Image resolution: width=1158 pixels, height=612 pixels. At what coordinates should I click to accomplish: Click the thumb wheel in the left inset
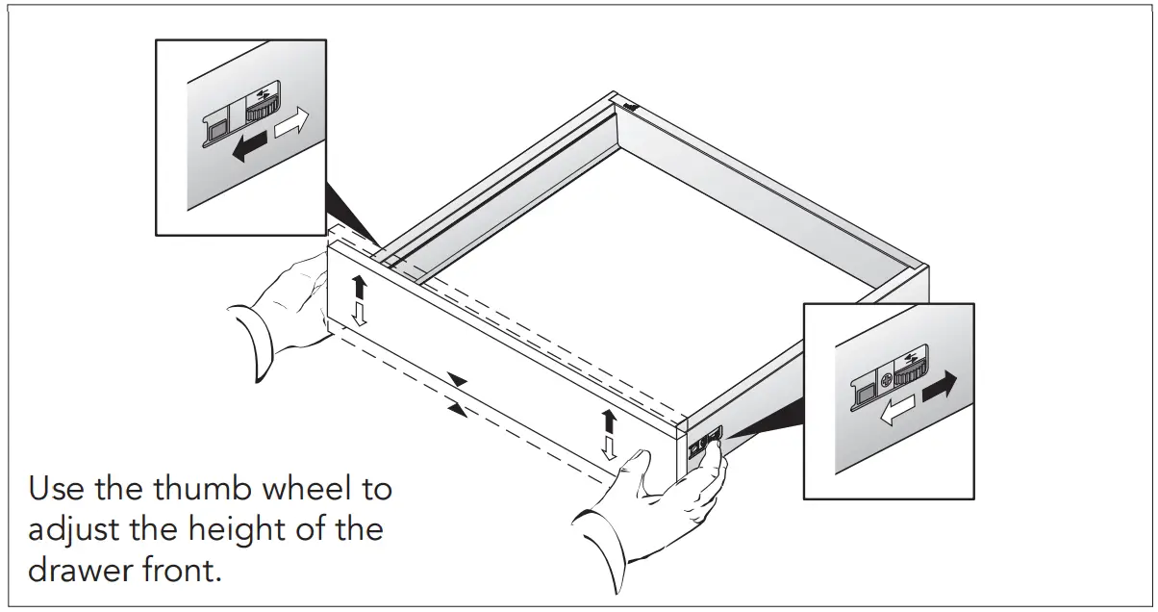[x=262, y=109]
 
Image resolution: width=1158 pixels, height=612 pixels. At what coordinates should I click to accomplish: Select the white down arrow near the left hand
[x=358, y=314]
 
